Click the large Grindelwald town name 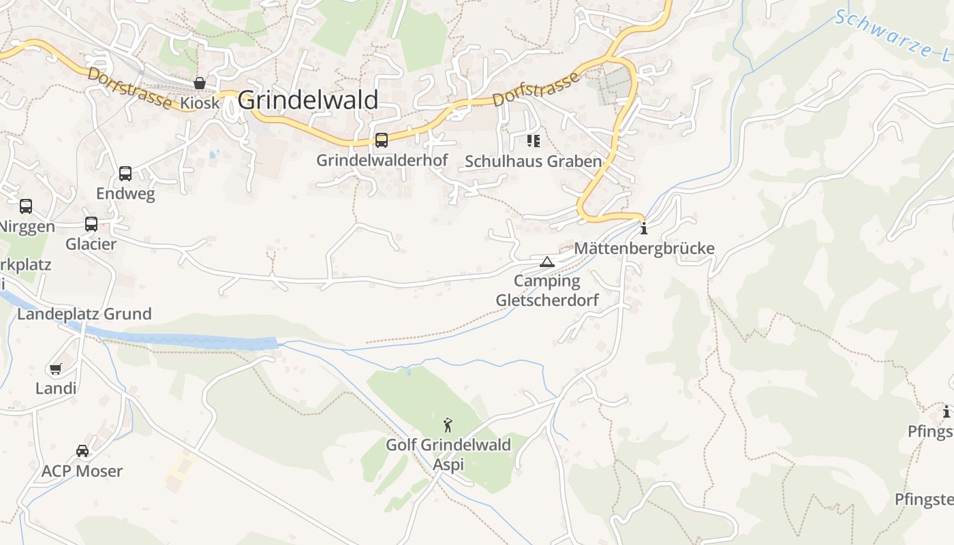pyautogui.click(x=308, y=100)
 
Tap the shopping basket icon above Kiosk pyautogui.click(x=200, y=83)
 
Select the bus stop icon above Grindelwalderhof pyautogui.click(x=382, y=140)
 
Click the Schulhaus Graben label pyautogui.click(x=533, y=161)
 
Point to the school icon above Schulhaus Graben pyautogui.click(x=533, y=141)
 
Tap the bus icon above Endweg pyautogui.click(x=125, y=173)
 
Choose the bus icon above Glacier pyautogui.click(x=91, y=223)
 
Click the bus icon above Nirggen pyautogui.click(x=26, y=206)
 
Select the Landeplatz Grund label pyautogui.click(x=84, y=314)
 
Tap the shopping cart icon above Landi pyautogui.click(x=55, y=369)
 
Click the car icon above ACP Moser pyautogui.click(x=82, y=451)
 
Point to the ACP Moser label pyautogui.click(x=82, y=471)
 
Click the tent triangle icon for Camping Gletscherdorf pyautogui.click(x=547, y=262)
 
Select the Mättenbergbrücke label pyautogui.click(x=644, y=248)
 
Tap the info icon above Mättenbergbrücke pyautogui.click(x=643, y=228)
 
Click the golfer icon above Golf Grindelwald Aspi pyautogui.click(x=448, y=426)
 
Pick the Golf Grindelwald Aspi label pyautogui.click(x=448, y=454)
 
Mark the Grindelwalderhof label pyautogui.click(x=382, y=161)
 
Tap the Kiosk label pyautogui.click(x=200, y=103)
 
